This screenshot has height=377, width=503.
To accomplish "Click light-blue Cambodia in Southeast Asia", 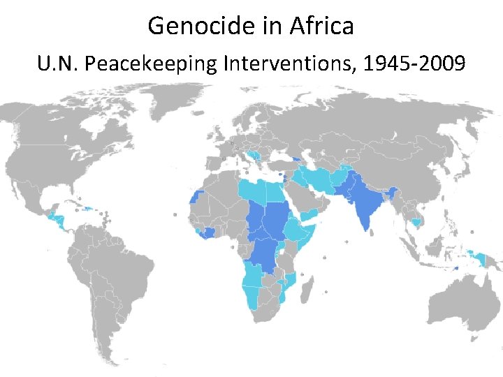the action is (418, 222).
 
